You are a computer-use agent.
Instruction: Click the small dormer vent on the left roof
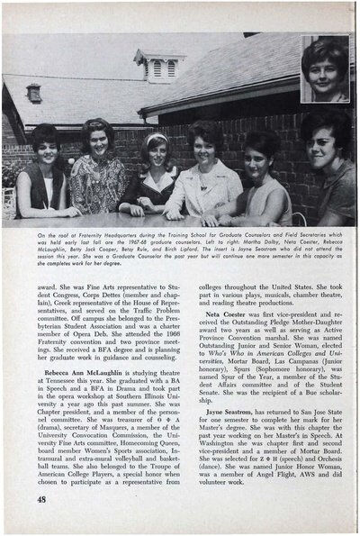[x=33, y=91]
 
